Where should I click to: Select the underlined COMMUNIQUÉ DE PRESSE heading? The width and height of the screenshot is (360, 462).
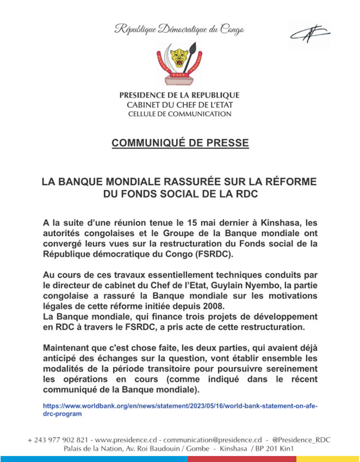(x=180, y=143)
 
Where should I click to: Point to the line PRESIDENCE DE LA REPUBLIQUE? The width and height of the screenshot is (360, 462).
(x=180, y=95)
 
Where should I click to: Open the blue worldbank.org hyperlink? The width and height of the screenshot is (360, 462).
(x=180, y=408)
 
